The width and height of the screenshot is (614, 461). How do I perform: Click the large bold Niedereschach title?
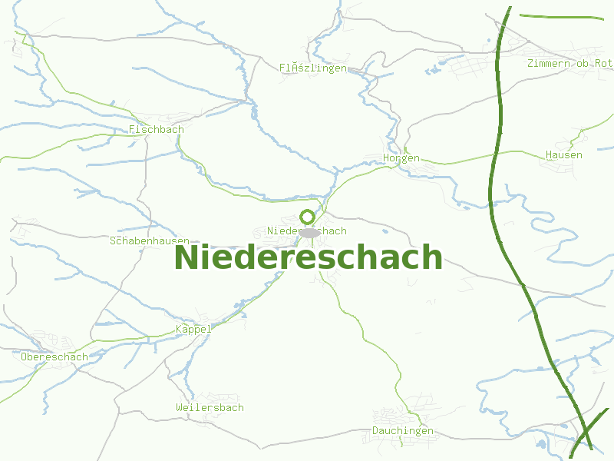309,257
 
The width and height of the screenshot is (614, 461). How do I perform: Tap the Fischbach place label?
157,130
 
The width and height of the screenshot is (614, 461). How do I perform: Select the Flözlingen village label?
313,68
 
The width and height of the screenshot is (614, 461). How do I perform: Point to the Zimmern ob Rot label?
569,63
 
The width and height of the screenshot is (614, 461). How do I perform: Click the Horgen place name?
401,158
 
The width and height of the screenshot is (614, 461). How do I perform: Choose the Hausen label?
563,155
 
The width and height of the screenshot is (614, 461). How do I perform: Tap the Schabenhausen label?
150,241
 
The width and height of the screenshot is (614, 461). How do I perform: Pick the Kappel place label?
193,330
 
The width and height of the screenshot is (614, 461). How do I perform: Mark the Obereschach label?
54,357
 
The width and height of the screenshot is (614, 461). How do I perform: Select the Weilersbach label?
210,407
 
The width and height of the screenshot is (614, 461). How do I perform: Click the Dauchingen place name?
403,431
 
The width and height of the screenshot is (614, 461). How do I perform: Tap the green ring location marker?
308,217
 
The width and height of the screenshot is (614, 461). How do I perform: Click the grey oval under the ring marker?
309,232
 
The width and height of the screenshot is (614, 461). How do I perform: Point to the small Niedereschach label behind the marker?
281,231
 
